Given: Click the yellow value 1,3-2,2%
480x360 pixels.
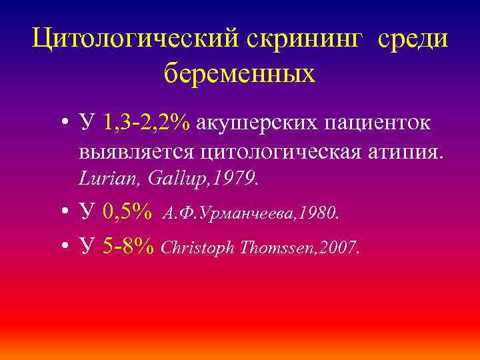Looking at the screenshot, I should [x=147, y=123].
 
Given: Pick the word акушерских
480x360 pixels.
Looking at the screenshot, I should [x=254, y=123].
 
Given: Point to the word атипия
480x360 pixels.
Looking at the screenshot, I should [x=407, y=153].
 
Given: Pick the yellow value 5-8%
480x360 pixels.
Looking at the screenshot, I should [x=129, y=247].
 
